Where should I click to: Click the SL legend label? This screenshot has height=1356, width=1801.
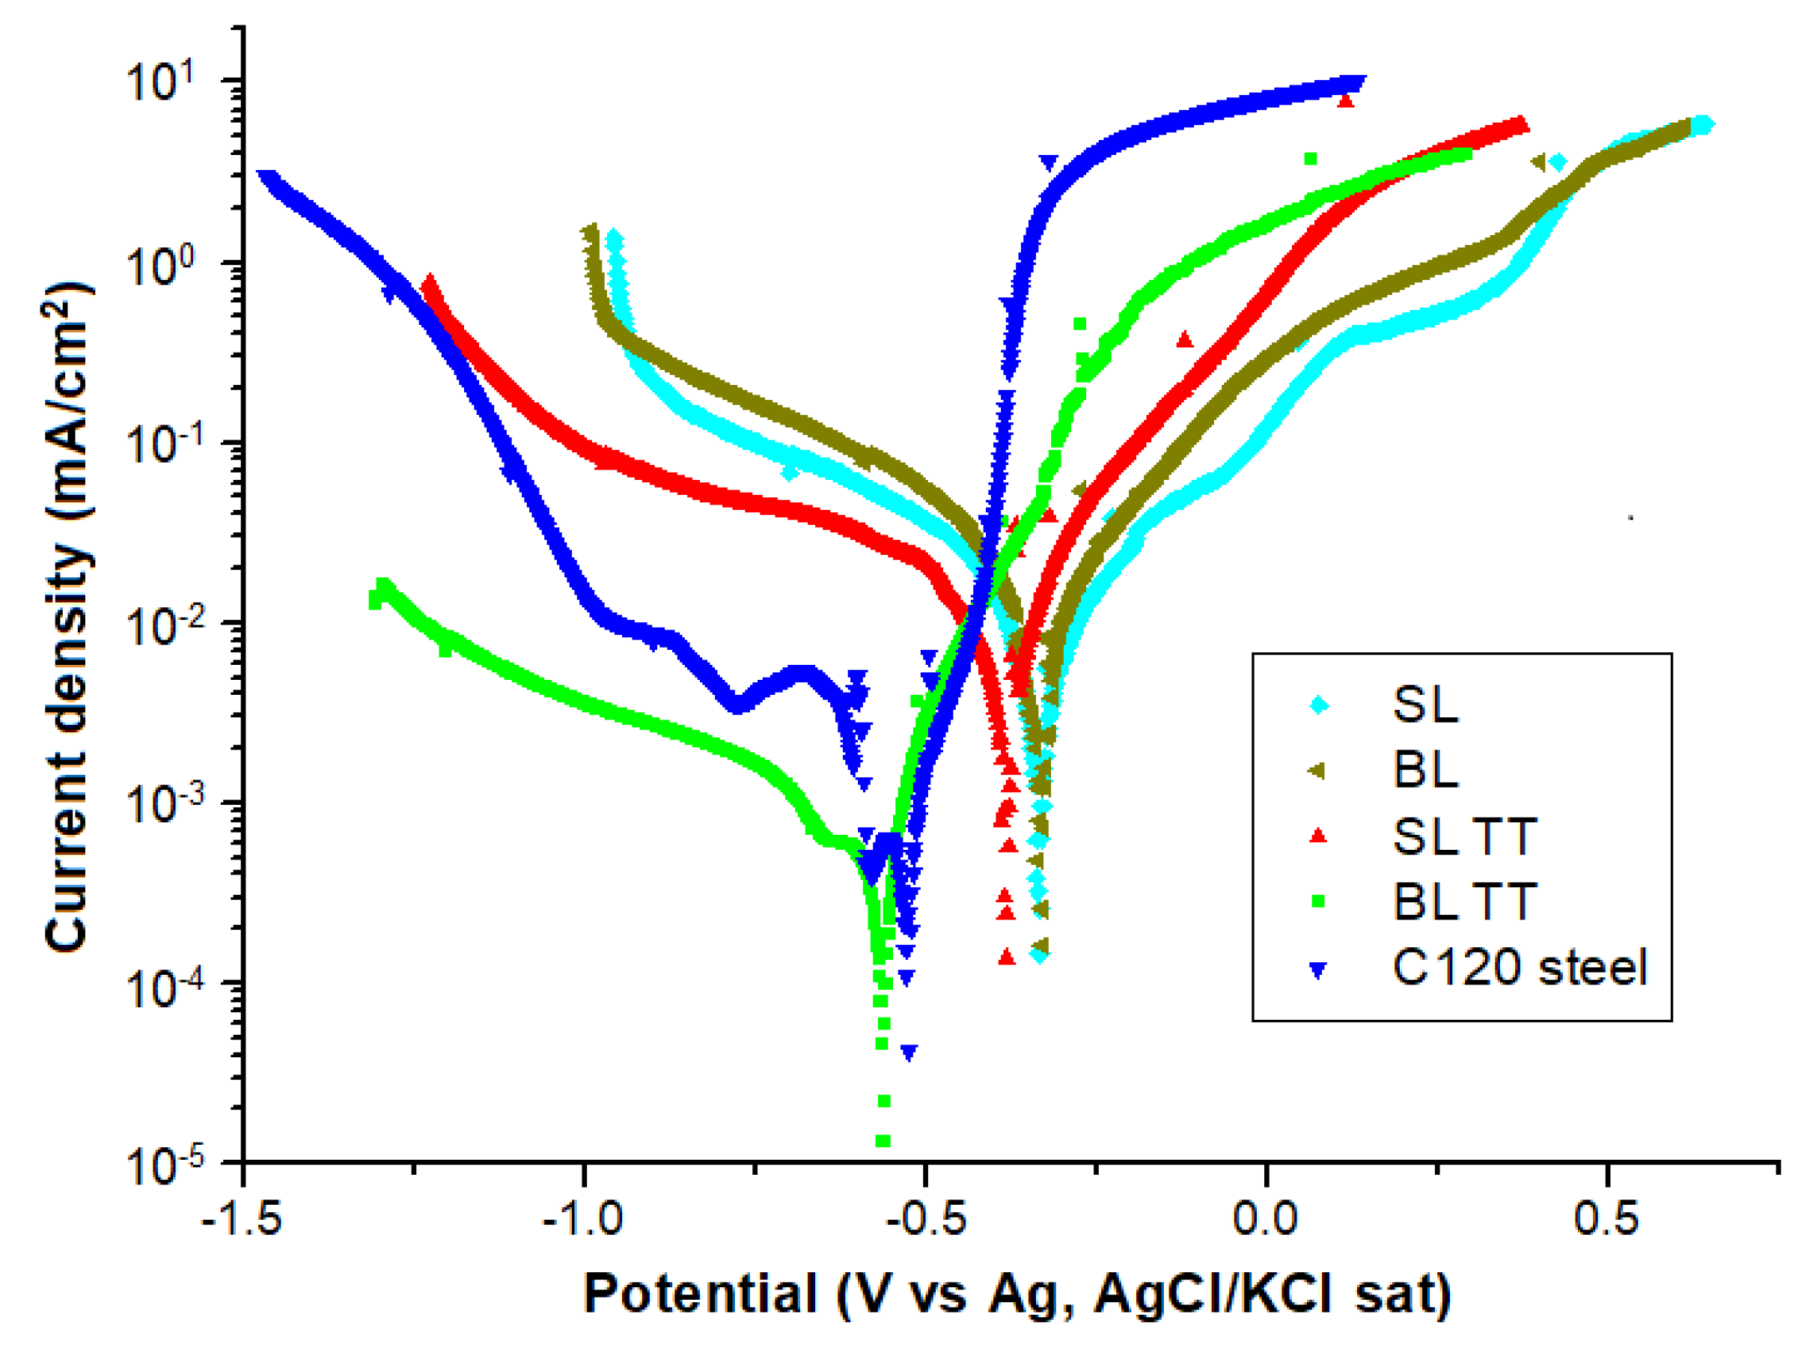[x=1424, y=705]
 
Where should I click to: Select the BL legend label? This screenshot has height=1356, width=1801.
[x=1424, y=770]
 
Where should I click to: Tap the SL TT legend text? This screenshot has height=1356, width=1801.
[x=1464, y=836]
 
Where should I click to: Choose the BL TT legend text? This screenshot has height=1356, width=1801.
[x=1464, y=902]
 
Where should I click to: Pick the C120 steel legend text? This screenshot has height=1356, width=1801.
[x=1520, y=968]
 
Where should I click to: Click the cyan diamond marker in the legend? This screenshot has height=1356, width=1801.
[x=1318, y=705]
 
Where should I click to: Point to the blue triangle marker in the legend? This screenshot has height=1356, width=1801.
[x=1317, y=970]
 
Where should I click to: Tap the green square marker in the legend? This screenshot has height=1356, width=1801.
[x=1318, y=902]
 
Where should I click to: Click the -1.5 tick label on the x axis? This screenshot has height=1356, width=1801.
[x=242, y=1219]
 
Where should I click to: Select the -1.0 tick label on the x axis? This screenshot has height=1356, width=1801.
[x=583, y=1219]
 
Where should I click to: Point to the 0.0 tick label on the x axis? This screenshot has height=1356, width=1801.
[x=1264, y=1219]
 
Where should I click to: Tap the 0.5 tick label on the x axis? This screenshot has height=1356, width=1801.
[x=1606, y=1219]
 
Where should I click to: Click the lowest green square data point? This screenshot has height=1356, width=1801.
[x=883, y=1141]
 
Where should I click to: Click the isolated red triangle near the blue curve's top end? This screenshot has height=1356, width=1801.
[x=1345, y=100]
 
